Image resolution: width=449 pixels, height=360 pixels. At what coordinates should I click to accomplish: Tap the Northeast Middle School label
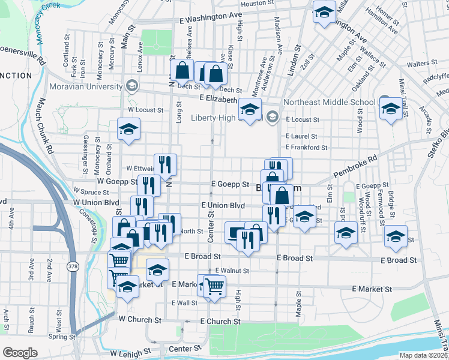(x=329, y=102)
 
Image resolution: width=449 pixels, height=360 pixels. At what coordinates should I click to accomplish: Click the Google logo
(x=20, y=353)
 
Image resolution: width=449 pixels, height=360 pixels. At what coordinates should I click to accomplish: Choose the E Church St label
(x=220, y=322)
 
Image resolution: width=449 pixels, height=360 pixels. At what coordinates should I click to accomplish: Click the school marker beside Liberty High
(x=250, y=109)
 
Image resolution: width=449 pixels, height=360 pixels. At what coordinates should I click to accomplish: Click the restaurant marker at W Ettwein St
(x=165, y=164)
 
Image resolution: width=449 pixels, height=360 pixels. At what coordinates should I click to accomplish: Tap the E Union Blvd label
(x=228, y=205)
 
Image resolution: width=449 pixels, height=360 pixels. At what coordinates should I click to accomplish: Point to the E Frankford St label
(x=306, y=147)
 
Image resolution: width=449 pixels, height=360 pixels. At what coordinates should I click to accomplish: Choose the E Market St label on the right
(x=372, y=289)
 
